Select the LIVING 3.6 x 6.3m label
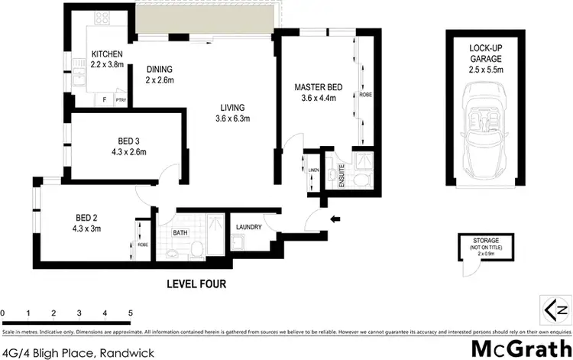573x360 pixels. (233, 113)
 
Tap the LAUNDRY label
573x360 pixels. (250, 227)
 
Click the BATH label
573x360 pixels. (180, 232)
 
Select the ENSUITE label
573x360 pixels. (342, 177)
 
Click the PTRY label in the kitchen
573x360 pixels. (121, 100)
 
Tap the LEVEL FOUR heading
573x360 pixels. (196, 284)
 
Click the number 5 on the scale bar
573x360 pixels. (131, 313)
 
